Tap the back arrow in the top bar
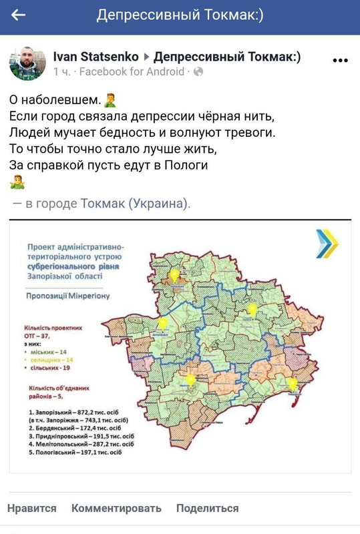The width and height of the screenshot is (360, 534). pyautogui.click(x=19, y=15)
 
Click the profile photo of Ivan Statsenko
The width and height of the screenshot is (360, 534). pyautogui.click(x=27, y=64)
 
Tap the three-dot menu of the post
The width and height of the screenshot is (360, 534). pyautogui.click(x=340, y=60)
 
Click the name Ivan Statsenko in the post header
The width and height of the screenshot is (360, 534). pyautogui.click(x=96, y=57)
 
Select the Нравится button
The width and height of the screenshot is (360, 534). pyautogui.click(x=31, y=508)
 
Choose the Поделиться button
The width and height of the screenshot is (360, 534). pyautogui.click(x=207, y=508)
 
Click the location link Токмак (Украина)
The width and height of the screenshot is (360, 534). pyautogui.click(x=135, y=204)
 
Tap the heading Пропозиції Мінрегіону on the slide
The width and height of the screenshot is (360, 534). pyautogui.click(x=68, y=294)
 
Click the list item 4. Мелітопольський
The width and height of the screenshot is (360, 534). pyautogui.click(x=81, y=443)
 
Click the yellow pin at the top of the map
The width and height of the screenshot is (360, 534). pyautogui.click(x=174, y=274)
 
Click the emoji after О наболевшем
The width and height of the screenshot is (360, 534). pyautogui.click(x=111, y=101)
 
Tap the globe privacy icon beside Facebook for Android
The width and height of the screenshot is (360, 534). pyautogui.click(x=198, y=71)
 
